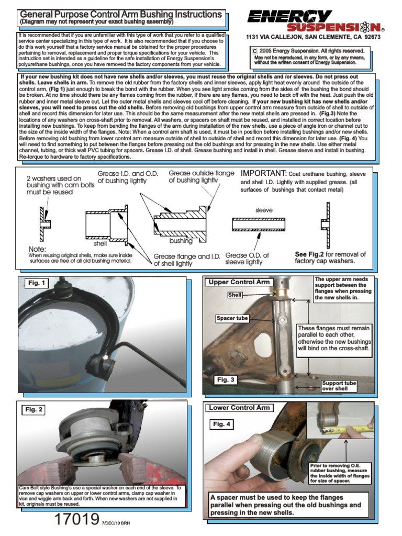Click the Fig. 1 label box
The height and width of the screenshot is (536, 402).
37,283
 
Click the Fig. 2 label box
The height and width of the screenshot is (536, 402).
33,409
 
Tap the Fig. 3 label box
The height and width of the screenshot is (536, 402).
226,380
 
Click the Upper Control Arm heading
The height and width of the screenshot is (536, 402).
239,282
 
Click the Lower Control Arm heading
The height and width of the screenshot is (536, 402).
239,407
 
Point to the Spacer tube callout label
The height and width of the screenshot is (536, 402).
232,318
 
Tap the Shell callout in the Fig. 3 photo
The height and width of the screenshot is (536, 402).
234,295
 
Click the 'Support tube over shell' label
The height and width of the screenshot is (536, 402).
339,386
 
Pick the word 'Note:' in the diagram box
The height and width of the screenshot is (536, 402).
38,249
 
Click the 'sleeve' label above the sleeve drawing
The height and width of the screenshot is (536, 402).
264,209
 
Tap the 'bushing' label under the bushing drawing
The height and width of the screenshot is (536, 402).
181,241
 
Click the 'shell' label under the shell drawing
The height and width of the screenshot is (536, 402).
100,243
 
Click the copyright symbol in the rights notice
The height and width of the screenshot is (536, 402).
255,51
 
